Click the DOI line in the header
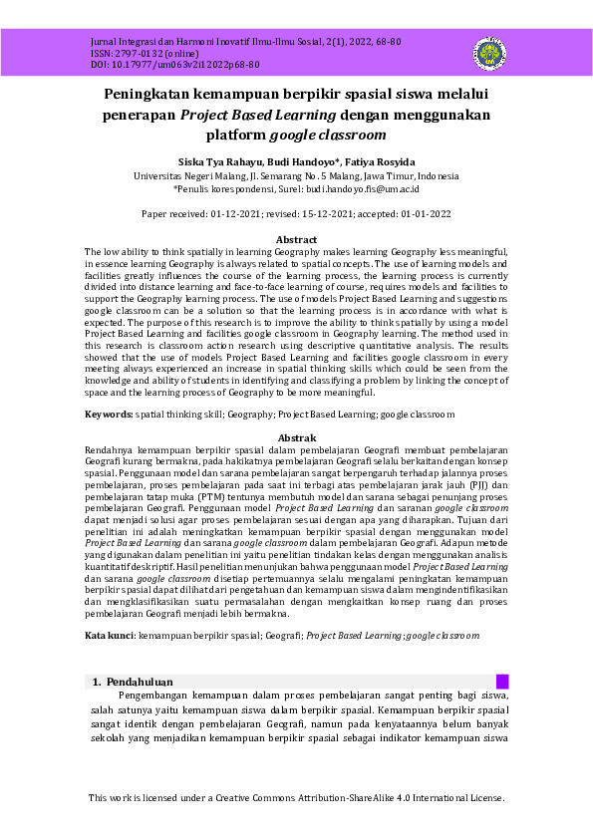pos(174,64)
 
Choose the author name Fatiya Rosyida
pos(380,161)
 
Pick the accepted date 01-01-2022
pos(417,214)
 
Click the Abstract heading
pos(296,240)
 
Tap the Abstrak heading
pos(296,438)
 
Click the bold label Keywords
pos(108,414)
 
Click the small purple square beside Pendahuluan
pos(502,682)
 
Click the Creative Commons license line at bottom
pos(296,798)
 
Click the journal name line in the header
pos(245,42)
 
